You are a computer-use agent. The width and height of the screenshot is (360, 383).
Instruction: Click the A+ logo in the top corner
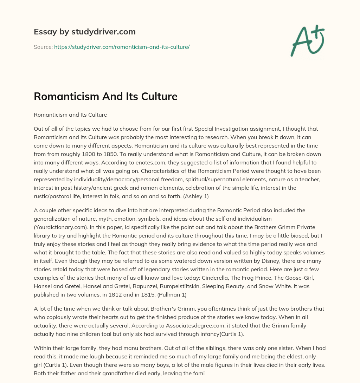coord(307,40)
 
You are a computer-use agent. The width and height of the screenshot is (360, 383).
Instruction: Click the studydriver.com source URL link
coord(122,47)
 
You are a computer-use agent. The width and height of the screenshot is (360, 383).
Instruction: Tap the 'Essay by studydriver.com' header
coord(84,32)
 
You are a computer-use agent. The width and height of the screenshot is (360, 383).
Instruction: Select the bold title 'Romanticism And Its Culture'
coord(105,97)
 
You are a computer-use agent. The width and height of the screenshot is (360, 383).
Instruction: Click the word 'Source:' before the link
coord(43,47)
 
